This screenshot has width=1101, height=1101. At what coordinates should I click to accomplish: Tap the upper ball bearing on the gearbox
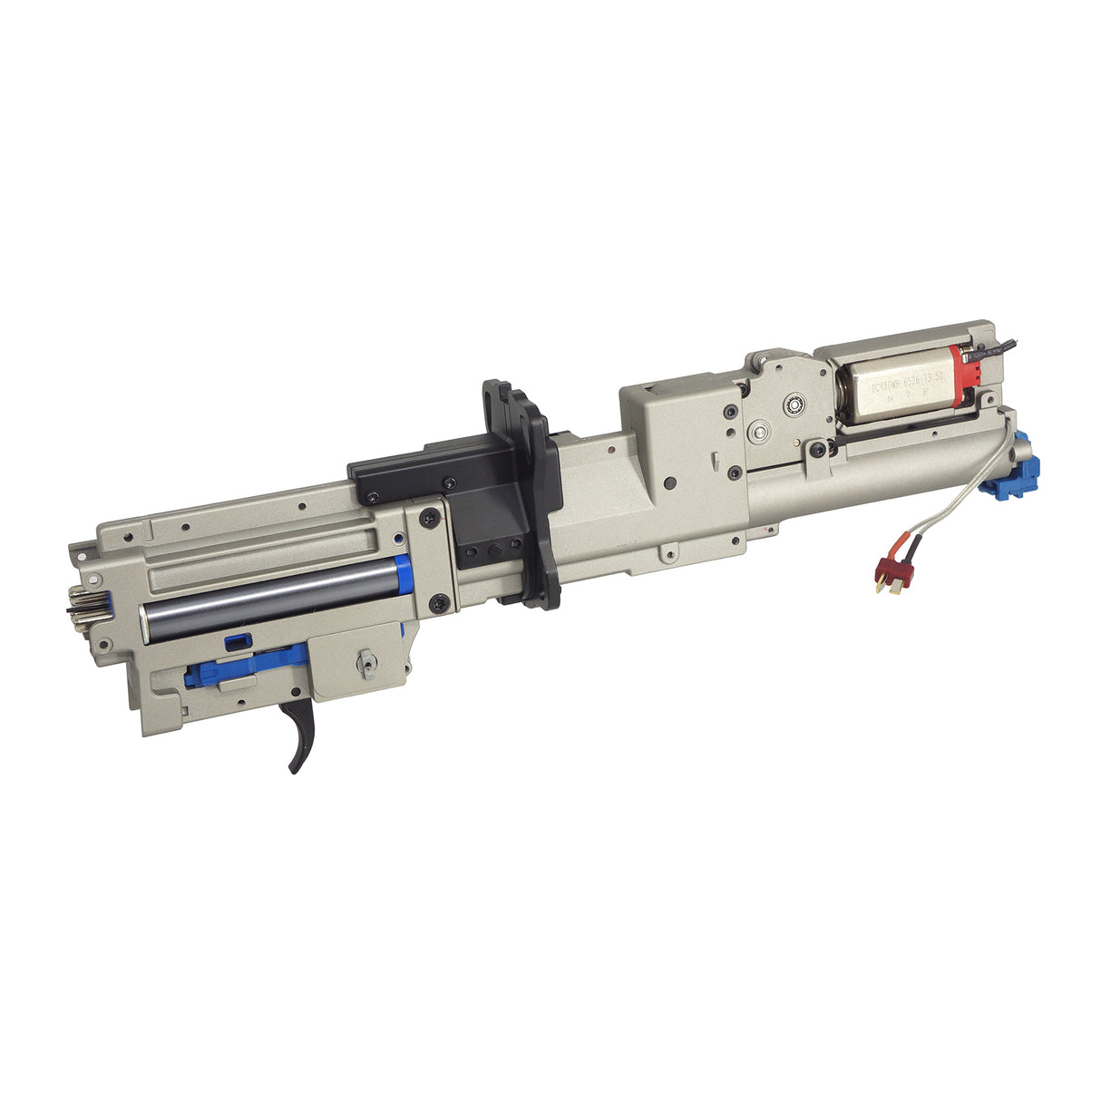coord(797,401)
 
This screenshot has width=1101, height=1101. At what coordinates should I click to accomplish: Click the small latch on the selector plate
coord(365,663)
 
